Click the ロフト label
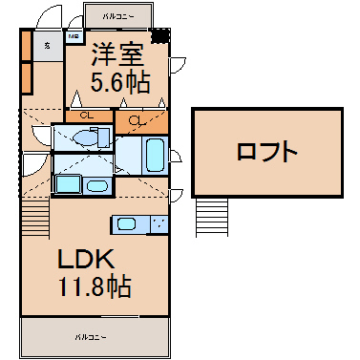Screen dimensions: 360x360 267,151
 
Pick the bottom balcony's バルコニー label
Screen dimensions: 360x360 92,337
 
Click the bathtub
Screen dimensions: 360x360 150,154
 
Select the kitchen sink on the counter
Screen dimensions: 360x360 127,224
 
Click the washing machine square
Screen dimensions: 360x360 66,184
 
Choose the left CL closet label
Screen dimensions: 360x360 87,116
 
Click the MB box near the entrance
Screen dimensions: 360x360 72,37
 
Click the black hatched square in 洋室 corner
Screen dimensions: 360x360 162,35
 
